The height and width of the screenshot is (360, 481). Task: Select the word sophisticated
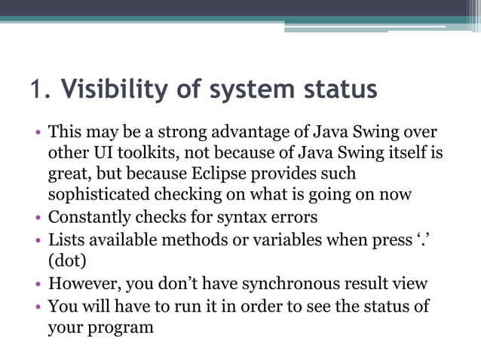[x=98, y=194]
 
